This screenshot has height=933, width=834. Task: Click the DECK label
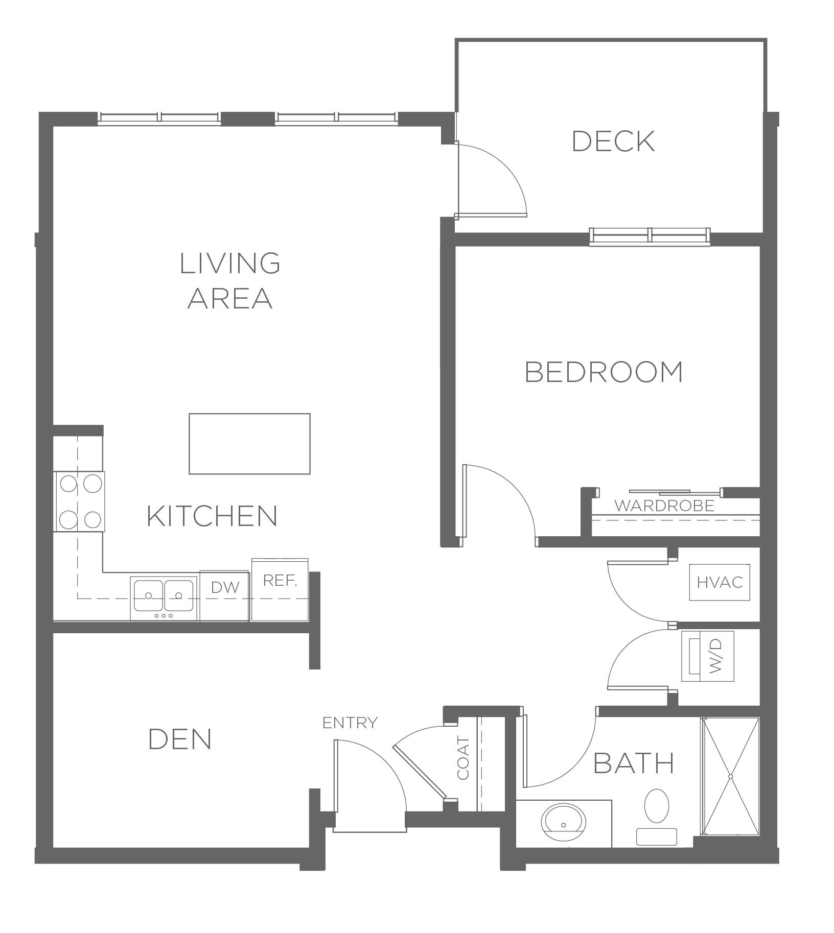coord(613,141)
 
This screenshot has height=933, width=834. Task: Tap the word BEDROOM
coord(604,372)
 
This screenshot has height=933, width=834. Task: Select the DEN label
coord(180,739)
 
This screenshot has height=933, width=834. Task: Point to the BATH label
coord(634,763)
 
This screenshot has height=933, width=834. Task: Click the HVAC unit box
coord(720,582)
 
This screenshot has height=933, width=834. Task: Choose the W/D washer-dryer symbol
coord(708,656)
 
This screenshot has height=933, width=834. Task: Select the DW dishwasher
coord(224,596)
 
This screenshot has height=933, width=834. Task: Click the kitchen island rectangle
coord(249,444)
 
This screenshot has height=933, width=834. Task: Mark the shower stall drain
coord(731,777)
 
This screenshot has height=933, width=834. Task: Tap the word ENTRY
coord(350,723)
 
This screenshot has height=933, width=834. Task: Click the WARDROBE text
coord(664,506)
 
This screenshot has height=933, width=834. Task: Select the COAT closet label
coord(463,758)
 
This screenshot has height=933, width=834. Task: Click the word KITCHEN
coord(212,516)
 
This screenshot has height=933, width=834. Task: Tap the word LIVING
coord(230,263)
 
